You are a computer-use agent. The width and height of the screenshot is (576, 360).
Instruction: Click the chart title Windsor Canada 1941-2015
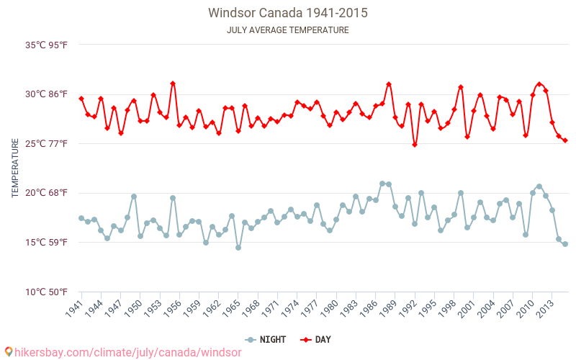288,13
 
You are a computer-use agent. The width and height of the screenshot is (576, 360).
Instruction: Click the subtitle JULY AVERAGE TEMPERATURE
288,30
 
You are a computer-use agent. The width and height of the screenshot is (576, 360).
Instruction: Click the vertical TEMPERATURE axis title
15,168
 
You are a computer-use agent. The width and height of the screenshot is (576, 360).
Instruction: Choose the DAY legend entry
316,340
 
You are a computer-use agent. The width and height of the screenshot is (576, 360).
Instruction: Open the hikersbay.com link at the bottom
112,352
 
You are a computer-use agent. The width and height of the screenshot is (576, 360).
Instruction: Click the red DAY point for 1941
81,99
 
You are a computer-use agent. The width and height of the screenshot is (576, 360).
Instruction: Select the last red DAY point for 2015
565,140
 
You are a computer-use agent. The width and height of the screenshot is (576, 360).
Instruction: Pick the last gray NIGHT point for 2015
565,244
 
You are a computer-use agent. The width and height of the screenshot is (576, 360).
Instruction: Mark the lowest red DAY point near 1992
415,145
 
